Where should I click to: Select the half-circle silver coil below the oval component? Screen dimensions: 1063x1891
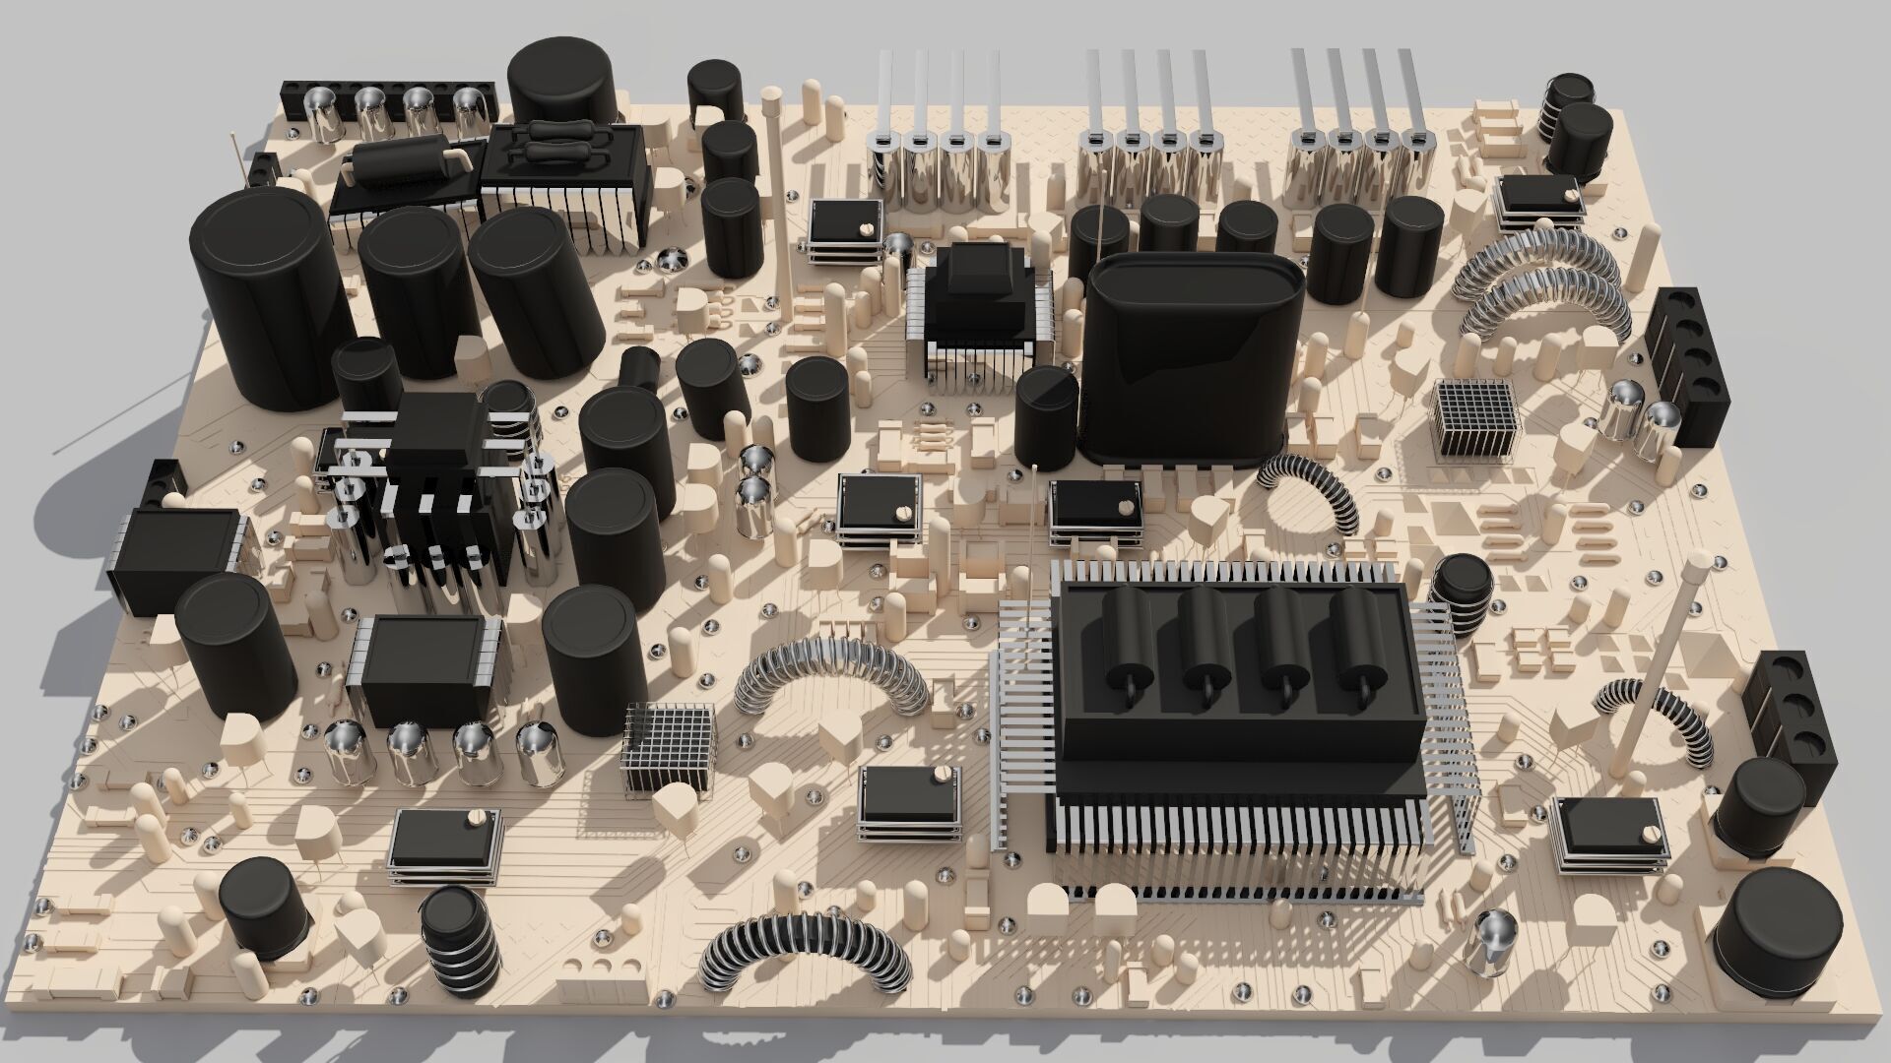pyautogui.click(x=1310, y=492)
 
